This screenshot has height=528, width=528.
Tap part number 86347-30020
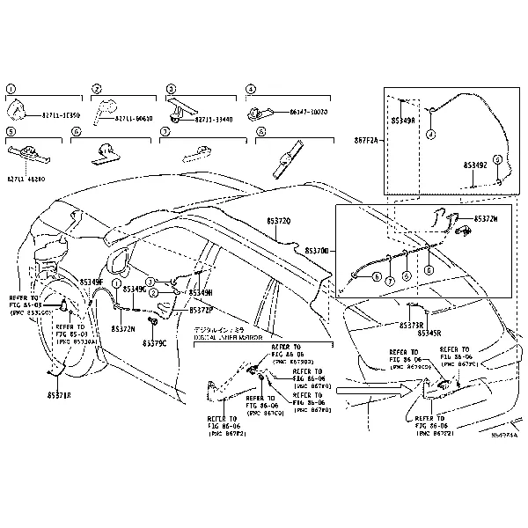pos(308,112)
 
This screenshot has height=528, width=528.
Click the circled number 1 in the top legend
pos(11,89)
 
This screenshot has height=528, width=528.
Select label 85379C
pos(153,342)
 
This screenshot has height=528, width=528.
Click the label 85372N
pos(122,328)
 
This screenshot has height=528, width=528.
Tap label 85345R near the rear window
pos(429,334)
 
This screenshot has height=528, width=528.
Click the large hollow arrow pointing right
pos(368,385)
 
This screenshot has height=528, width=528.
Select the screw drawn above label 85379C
pos(152,331)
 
